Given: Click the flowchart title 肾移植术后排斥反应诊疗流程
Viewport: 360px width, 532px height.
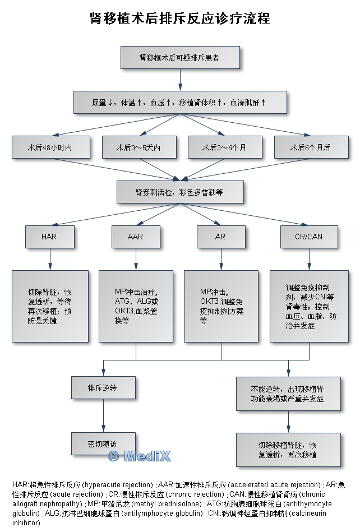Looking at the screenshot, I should pos(180,19).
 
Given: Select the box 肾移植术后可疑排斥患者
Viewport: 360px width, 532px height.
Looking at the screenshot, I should pos(180,57).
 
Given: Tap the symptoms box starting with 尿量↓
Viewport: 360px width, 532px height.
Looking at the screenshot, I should pos(180,103).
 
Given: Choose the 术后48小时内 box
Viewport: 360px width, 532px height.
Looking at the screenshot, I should pos(50,147).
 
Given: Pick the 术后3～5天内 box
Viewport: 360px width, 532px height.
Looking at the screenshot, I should pos(138,147).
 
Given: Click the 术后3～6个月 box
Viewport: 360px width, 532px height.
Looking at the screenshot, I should pos(224,147).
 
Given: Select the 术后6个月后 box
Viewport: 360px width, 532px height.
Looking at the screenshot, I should pos(310,147).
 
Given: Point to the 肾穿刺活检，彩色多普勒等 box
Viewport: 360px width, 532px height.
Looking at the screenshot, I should pos(180,192).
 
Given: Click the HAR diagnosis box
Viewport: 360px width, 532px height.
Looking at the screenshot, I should pos(49,237).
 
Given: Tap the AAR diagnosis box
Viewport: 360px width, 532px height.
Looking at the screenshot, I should pos(136,237).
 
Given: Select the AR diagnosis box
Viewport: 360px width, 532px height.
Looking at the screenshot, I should pos(220,237).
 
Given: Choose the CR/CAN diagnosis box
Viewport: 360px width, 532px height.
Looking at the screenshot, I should pos(309,237).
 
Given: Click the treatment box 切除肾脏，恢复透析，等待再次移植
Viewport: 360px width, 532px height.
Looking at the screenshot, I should pos(50,306).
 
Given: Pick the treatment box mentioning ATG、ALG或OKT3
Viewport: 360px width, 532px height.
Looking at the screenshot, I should pos(136,306).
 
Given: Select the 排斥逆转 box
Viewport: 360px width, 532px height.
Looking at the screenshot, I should pos(103,387).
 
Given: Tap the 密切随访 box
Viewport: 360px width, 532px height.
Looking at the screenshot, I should pos(103,443).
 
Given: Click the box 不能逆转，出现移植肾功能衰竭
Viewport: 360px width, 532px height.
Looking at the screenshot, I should pos(288,393).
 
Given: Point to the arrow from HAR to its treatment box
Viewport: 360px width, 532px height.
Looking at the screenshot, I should pos(50,258).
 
